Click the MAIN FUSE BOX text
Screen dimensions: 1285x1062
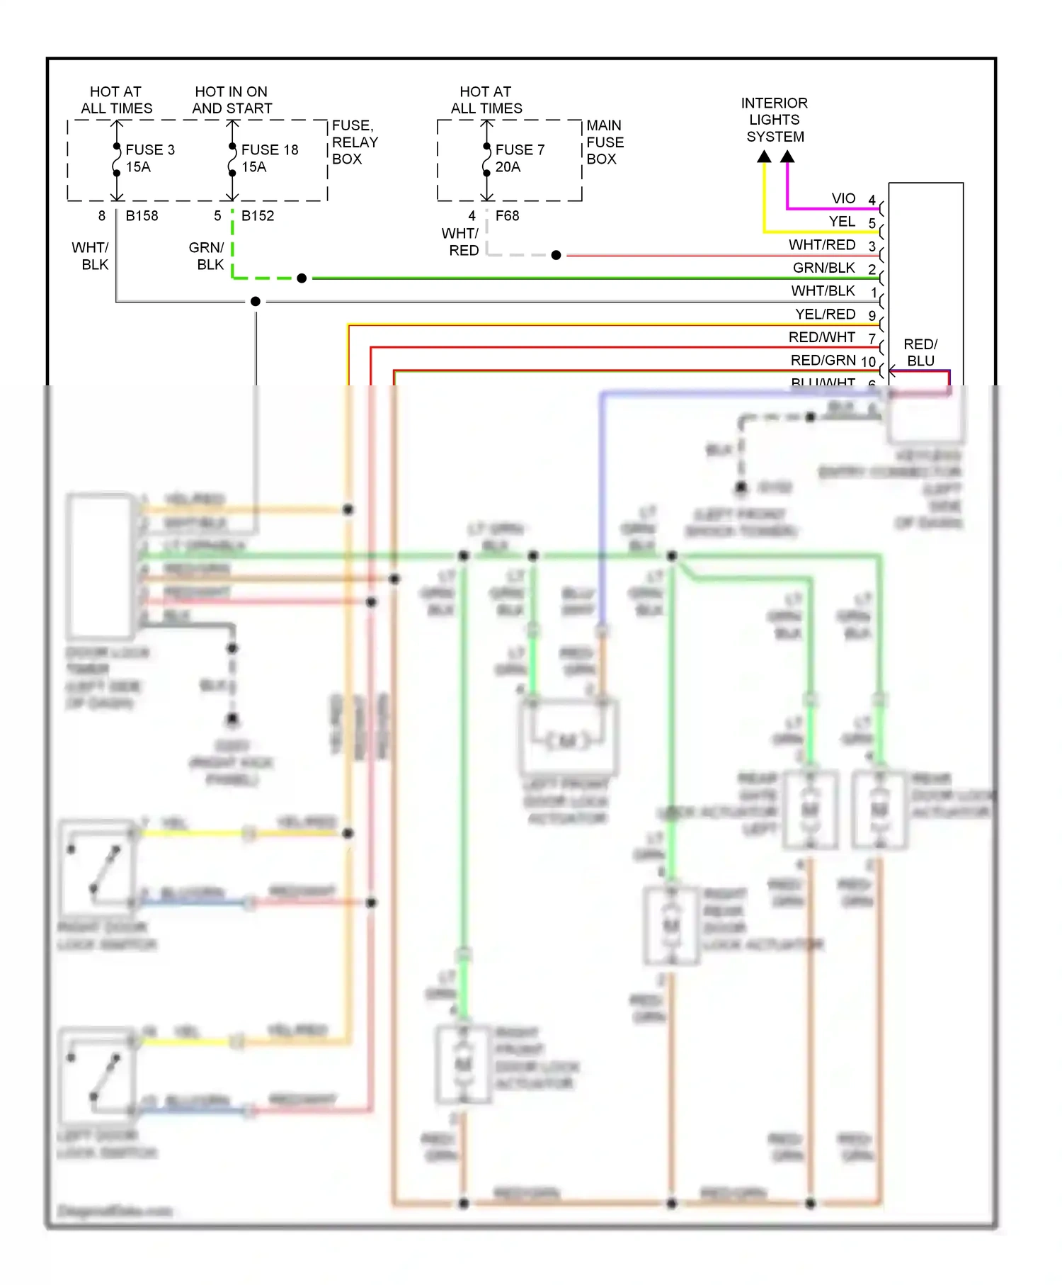click(605, 142)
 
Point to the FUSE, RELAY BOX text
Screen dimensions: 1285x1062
click(354, 142)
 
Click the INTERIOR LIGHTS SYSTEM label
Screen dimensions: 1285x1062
click(774, 119)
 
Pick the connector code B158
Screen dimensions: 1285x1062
click(142, 215)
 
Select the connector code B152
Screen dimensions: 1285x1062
click(257, 215)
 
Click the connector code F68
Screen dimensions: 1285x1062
click(507, 215)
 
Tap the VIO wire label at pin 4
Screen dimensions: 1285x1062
click(843, 198)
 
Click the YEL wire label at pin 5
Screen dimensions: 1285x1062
click(842, 222)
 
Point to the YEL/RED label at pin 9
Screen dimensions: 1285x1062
click(825, 314)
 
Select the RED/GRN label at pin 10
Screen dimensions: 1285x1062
click(823, 360)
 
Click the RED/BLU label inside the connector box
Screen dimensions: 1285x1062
click(920, 352)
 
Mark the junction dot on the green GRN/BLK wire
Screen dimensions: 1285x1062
click(302, 278)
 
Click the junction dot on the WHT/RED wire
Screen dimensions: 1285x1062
click(556, 255)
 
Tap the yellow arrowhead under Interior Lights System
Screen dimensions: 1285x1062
click(764, 157)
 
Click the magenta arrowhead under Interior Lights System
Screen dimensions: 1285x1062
click(787, 157)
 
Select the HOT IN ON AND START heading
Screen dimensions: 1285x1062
click(232, 100)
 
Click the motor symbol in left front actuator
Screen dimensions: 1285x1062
click(568, 742)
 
